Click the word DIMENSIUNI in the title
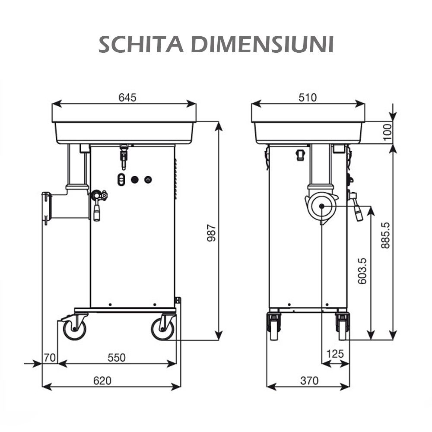(263, 44)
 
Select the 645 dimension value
(127, 98)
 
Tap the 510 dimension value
(308, 98)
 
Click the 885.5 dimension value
(385, 235)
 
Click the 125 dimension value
(335, 354)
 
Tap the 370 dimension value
(309, 381)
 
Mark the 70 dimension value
(50, 358)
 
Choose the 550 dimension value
(117, 358)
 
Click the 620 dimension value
(102, 381)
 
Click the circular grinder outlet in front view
(322, 206)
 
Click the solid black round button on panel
(135, 179)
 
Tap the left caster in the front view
(274, 326)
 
